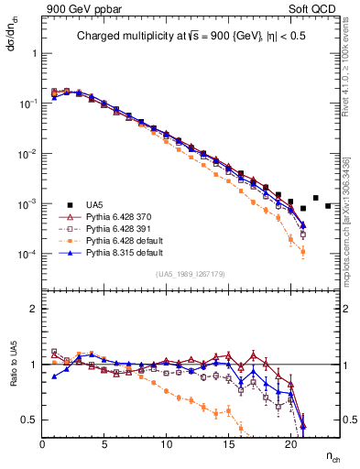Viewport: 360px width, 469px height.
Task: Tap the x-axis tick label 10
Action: pyautogui.click(x=167, y=443)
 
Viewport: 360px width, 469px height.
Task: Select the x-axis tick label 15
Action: pyautogui.click(x=229, y=443)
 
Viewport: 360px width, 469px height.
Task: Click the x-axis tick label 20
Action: pyautogui.click(x=290, y=443)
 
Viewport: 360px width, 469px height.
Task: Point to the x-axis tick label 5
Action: pyautogui.click(x=104, y=443)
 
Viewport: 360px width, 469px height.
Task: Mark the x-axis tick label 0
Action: pyautogui.click(x=43, y=443)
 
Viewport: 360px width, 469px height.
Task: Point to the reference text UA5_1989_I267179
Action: pyautogui.click(x=191, y=273)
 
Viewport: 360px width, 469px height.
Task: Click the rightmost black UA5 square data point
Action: pyautogui.click(x=328, y=205)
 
